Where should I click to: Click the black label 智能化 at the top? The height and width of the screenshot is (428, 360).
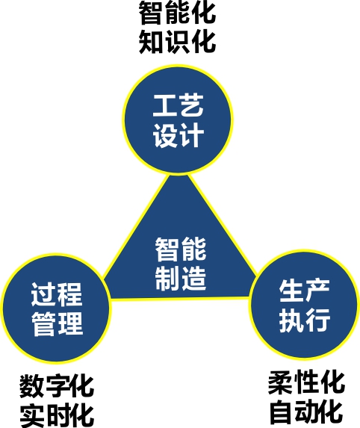[x=178, y=13]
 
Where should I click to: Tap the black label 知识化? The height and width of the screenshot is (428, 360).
[x=178, y=42]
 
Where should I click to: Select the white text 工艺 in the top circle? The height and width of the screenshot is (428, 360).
[x=179, y=105]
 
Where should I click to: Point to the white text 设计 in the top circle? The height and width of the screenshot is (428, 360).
[x=179, y=135]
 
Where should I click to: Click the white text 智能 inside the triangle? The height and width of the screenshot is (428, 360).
[x=181, y=249]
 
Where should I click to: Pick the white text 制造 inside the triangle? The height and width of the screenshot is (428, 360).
[x=181, y=278]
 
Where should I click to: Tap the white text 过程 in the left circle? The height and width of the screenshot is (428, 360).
[x=57, y=294]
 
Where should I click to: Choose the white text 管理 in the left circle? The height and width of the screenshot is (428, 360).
[x=57, y=323]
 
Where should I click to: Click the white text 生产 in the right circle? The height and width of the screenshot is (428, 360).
[x=305, y=290]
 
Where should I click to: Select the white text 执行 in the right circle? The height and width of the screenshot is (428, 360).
[x=305, y=320]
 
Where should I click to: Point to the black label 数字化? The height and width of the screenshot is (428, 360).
[x=57, y=386]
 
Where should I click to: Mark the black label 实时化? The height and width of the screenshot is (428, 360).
[x=57, y=416]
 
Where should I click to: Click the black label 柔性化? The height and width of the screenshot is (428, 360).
[x=306, y=382]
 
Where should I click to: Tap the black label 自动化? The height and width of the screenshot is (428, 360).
[x=306, y=412]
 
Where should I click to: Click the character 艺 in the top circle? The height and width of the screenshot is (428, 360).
[x=192, y=105]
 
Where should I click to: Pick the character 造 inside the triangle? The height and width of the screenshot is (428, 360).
[x=194, y=278]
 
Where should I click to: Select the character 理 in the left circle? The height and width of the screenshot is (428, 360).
[x=70, y=323]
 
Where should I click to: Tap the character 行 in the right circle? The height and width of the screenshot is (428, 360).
[x=318, y=320]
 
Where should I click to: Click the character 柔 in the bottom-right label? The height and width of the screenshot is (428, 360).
[x=280, y=382]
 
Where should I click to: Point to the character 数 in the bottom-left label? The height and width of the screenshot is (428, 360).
[x=31, y=386]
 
